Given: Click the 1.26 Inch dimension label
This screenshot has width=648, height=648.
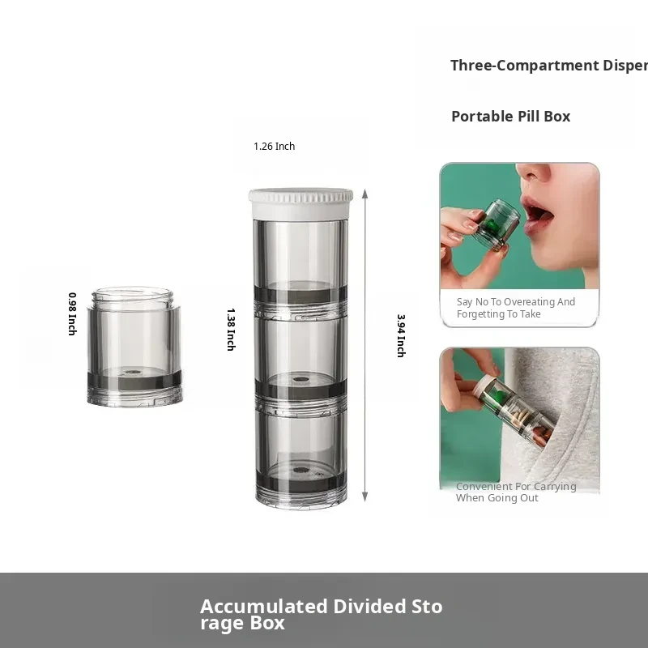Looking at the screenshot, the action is (274, 147).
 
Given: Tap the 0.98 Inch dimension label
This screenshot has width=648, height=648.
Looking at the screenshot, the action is (72, 313).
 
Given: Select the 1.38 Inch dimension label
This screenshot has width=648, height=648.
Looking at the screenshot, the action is (231, 330).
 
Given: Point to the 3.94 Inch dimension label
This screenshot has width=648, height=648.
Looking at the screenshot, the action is (401, 335).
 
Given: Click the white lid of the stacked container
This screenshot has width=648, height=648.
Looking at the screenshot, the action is (301, 203).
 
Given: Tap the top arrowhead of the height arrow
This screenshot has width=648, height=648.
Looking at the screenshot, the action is (365, 194).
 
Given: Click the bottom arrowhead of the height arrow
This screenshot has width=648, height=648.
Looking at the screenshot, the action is (365, 497).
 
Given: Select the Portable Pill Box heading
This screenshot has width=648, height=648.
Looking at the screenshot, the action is (511, 117).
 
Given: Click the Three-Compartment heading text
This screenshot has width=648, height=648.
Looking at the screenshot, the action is (549, 66).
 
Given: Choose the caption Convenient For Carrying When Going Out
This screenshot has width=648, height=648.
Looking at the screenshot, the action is (516, 492).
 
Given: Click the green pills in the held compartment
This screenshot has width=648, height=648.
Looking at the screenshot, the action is (492, 225).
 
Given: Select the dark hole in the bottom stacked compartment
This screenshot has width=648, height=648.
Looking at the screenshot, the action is (301, 470).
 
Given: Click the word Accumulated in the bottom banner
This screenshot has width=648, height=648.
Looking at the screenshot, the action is (264, 607).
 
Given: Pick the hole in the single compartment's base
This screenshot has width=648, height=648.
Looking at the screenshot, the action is (133, 373).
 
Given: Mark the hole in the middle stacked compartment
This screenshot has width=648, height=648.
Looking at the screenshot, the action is (299, 378).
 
